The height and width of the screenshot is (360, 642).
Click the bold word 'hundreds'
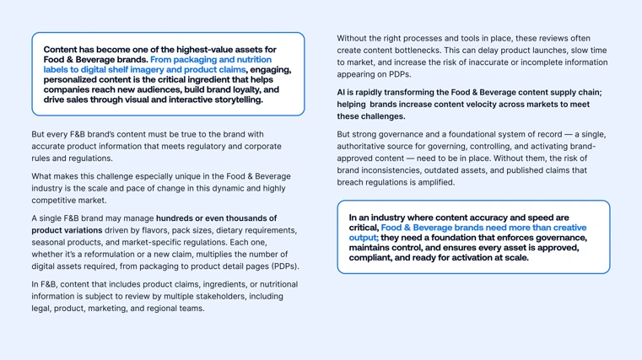(x=175, y=218)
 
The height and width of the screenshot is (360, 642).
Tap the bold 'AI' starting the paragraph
(x=342, y=92)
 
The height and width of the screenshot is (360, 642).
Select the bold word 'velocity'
(x=472, y=105)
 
